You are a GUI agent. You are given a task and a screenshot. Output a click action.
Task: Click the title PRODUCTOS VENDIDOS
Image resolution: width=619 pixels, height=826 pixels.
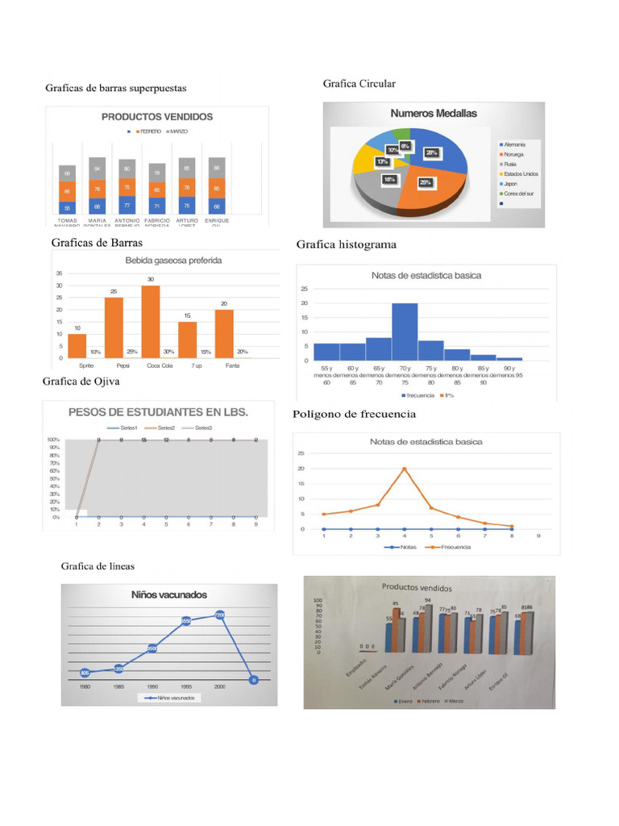[x=157, y=116]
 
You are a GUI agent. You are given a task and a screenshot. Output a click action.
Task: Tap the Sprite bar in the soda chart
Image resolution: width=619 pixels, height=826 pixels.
[x=77, y=346]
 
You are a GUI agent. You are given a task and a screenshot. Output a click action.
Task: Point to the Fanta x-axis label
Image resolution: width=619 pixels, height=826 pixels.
[x=232, y=365]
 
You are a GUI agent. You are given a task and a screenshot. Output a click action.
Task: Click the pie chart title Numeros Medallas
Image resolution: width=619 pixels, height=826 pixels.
[x=434, y=113]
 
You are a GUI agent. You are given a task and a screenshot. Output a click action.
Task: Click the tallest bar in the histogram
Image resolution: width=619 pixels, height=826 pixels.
[x=405, y=331]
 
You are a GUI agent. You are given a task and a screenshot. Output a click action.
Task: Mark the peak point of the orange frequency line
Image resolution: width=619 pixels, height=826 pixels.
[x=404, y=469]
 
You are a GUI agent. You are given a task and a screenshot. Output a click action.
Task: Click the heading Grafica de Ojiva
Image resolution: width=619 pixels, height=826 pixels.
[x=81, y=382]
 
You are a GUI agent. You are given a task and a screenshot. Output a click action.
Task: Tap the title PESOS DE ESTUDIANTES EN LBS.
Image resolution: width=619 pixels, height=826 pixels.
[x=158, y=411]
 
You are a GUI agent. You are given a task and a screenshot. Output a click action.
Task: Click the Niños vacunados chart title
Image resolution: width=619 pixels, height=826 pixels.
[x=169, y=594]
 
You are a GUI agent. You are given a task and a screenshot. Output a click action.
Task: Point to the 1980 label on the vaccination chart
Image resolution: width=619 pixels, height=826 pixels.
[x=85, y=686]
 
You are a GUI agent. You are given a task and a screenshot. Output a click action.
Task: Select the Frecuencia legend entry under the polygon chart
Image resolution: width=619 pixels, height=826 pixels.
[x=451, y=547]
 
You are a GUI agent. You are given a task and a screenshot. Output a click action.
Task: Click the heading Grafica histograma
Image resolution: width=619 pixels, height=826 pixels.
[x=346, y=244]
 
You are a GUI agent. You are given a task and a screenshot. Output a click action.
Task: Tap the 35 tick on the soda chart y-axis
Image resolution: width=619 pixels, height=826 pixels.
[x=59, y=273]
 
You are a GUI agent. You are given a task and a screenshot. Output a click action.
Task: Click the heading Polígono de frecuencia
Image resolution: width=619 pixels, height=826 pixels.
[x=354, y=414]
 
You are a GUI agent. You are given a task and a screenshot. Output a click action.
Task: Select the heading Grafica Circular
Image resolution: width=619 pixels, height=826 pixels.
[x=359, y=84]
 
